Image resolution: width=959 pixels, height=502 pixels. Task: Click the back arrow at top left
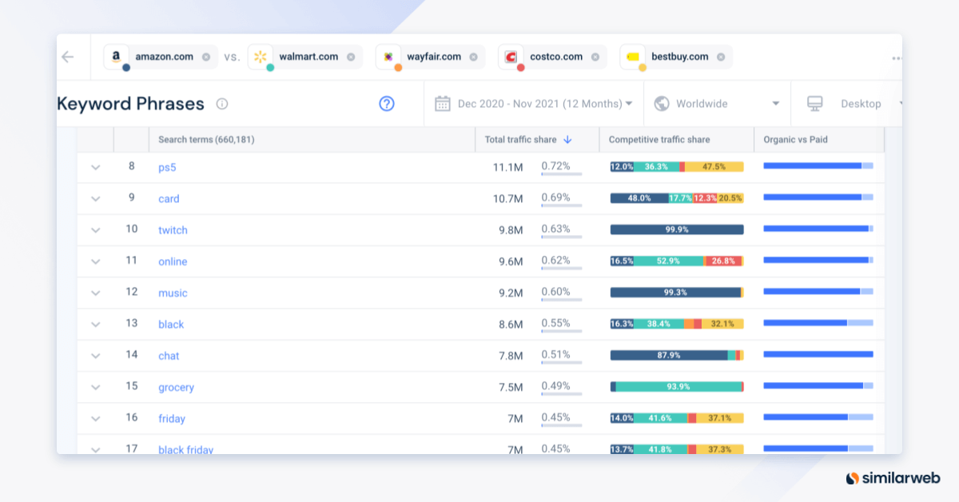67,57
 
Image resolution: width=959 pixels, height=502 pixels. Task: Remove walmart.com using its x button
351,57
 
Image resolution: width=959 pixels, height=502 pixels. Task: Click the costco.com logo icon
511,57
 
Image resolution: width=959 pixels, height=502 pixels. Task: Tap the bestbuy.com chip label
679,57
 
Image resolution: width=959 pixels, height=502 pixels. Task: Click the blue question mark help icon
387,103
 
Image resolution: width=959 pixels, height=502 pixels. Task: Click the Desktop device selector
855,103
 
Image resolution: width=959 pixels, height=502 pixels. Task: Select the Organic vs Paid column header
795,139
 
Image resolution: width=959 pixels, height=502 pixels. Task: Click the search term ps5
167,167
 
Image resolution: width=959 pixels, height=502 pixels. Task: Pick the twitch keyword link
173,230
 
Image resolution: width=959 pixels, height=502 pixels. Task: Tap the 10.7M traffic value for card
507,199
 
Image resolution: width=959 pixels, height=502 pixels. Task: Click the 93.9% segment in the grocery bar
678,387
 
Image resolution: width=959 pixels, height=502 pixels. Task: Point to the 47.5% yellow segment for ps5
714,167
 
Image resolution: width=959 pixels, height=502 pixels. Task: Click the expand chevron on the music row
96,293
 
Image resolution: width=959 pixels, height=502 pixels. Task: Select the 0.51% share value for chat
555,355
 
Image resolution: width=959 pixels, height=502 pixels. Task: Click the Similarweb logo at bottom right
892,478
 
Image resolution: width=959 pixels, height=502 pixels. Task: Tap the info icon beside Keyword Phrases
222,104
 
